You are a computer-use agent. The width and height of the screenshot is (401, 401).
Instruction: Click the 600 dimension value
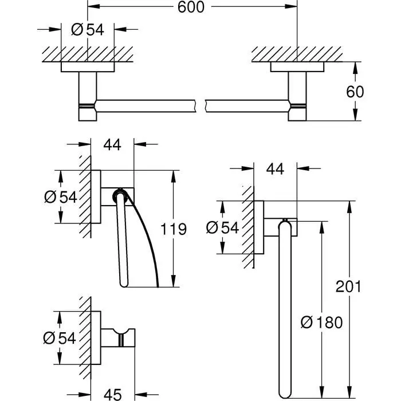pyautogui.click(x=191, y=7)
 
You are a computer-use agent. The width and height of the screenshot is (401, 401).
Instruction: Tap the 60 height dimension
pyautogui.click(x=355, y=92)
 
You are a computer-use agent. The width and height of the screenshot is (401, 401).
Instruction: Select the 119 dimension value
pyautogui.click(x=174, y=229)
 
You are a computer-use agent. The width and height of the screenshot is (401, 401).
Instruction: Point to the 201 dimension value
pyautogui.click(x=348, y=286)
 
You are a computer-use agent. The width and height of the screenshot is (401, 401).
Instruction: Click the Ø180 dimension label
pyautogui.click(x=321, y=322)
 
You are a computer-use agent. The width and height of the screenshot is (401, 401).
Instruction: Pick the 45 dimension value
pyautogui.click(x=112, y=395)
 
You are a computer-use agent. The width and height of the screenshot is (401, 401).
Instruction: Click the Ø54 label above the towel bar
pyautogui.click(x=88, y=29)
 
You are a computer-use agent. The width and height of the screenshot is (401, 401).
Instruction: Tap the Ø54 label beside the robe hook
pyautogui.click(x=60, y=338)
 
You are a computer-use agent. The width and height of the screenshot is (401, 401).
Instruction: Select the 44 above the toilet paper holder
pyautogui.click(x=112, y=145)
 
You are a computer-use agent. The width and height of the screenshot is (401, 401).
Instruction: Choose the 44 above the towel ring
pyautogui.click(x=275, y=169)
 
